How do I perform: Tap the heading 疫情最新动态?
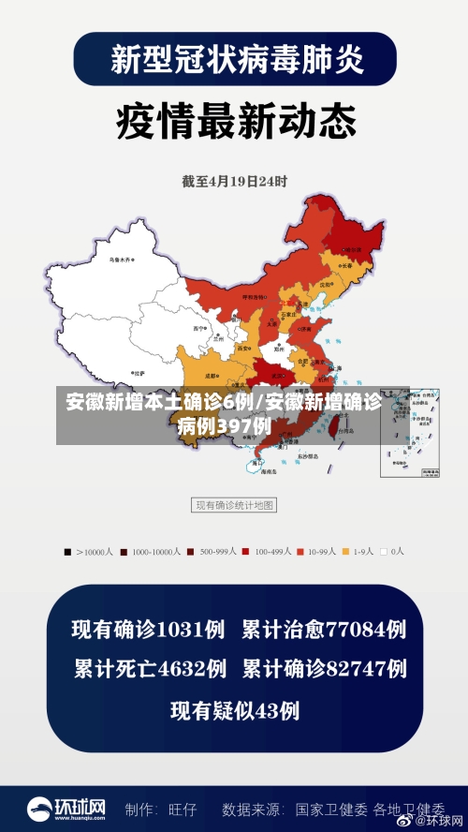235,121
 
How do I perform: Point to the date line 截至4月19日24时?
234,181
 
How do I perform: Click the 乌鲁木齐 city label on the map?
120,258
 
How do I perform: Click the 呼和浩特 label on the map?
255,296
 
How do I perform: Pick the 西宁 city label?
198,329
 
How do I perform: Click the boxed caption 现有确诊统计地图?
234,506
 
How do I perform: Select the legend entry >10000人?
92,552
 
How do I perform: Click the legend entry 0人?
392,552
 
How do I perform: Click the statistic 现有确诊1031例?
150,629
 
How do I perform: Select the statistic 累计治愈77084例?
324,629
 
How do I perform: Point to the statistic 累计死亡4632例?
150,669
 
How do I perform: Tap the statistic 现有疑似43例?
234,711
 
